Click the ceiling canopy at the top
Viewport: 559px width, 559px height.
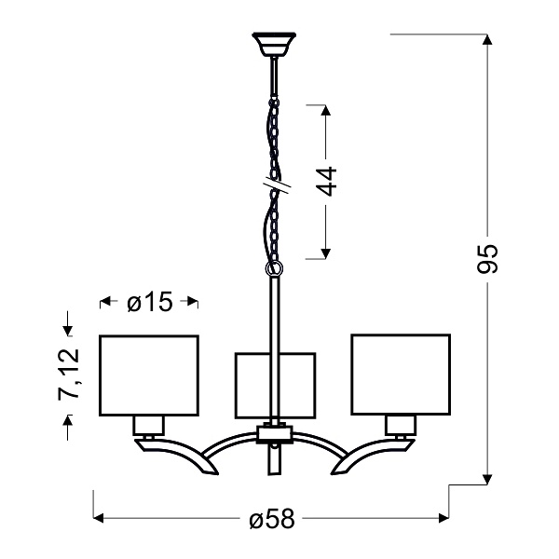point(273,44)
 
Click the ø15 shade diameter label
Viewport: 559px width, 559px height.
point(149,302)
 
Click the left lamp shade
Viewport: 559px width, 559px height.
point(149,375)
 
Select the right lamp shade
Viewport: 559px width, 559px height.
point(401,375)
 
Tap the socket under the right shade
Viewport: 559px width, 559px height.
point(401,426)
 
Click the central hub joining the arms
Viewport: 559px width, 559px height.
point(275,433)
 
